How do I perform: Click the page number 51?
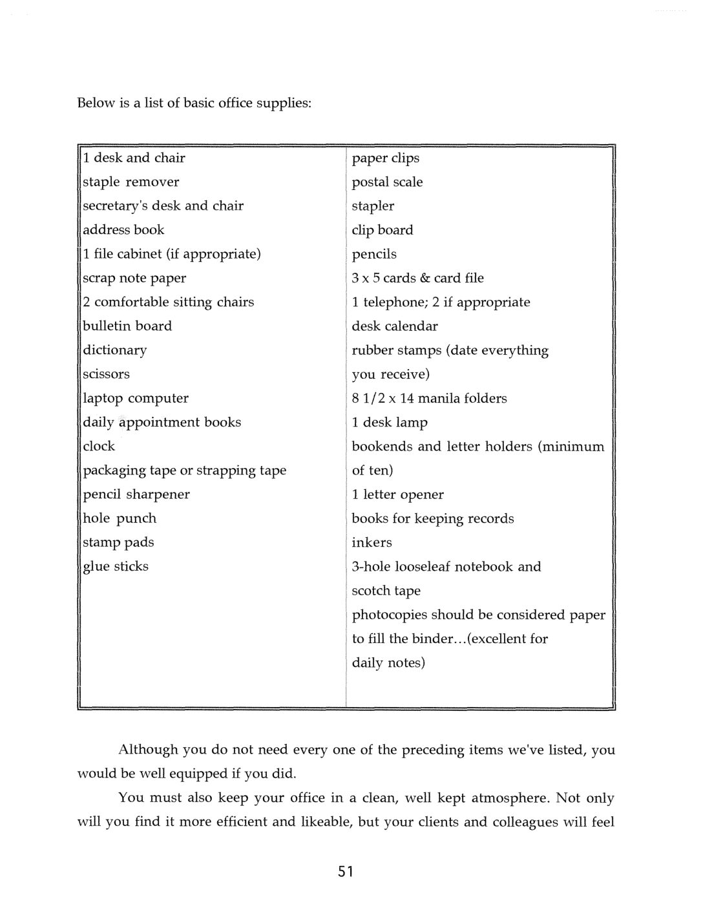345,872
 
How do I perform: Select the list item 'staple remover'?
131,182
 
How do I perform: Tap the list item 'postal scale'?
387,182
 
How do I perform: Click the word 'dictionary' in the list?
114,350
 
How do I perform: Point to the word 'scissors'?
106,374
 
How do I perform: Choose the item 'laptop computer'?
136,398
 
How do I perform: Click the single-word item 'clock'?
99,446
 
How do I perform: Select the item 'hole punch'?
120,518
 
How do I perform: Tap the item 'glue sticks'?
116,567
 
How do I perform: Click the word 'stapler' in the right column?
373,206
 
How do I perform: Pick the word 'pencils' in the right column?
374,255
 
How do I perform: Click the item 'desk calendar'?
394,326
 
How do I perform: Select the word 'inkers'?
372,543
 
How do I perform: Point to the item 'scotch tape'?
386,591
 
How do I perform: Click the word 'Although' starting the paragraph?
148,750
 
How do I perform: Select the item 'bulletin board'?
127,326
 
